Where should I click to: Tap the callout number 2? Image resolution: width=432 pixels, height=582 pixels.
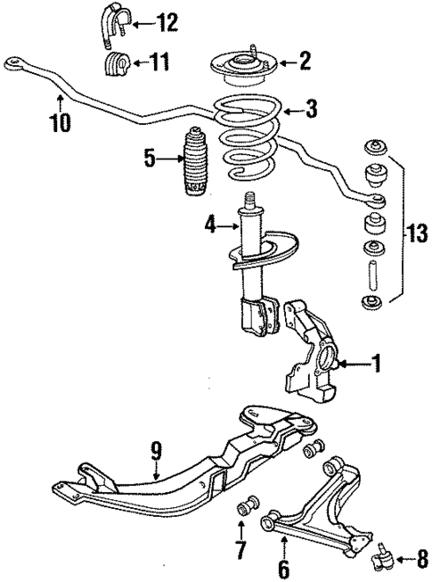(x=305, y=61)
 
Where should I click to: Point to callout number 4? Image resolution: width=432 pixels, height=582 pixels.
(x=211, y=226)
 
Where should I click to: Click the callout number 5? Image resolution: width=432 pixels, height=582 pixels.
(x=151, y=160)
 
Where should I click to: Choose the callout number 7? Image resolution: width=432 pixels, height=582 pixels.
(x=239, y=549)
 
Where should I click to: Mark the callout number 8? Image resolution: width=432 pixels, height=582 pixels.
(x=421, y=561)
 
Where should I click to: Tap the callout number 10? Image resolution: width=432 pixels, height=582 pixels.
(x=60, y=122)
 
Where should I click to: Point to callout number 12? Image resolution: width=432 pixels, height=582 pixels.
(x=167, y=20)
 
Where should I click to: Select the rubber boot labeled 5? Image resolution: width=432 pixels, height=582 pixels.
(x=194, y=164)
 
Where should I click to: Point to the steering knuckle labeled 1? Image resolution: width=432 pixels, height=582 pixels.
(x=307, y=357)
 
